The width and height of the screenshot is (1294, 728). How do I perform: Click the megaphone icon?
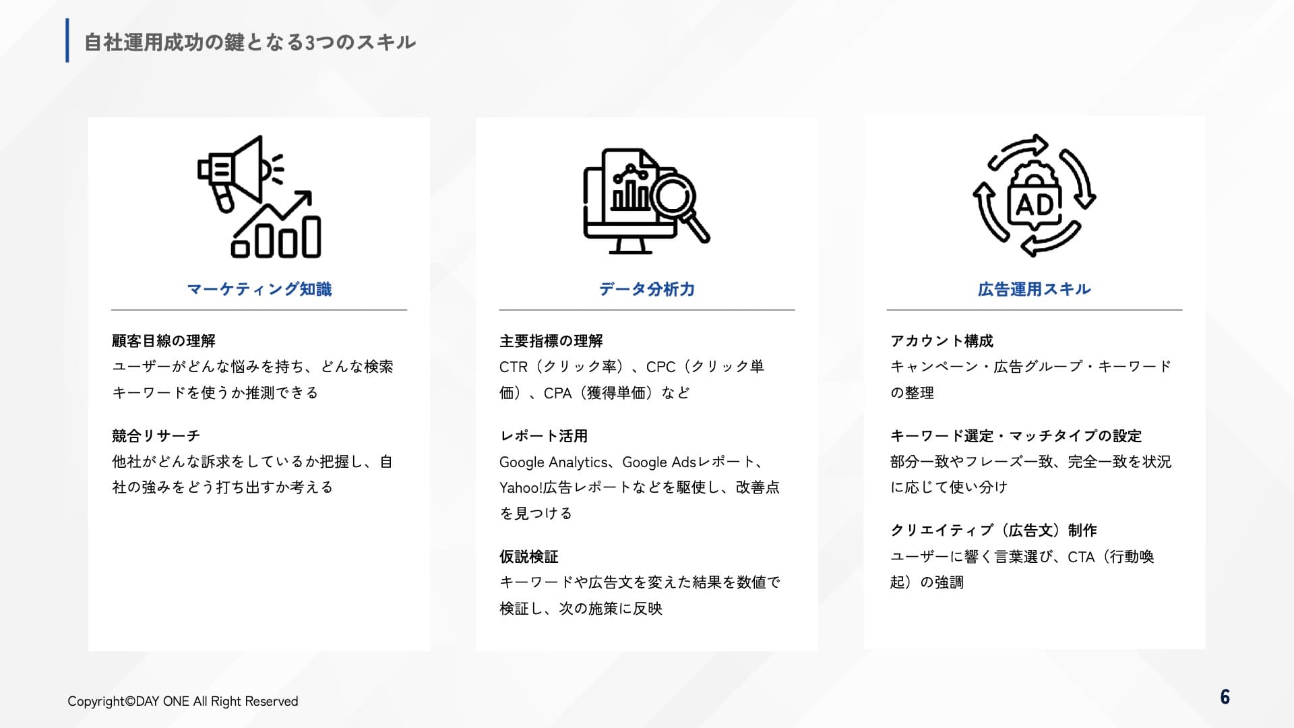pos(239,171)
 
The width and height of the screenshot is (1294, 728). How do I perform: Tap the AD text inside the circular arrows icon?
pos(1034,204)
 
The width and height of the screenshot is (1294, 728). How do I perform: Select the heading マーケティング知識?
pos(259,289)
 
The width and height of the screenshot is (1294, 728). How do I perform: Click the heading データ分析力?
pos(647,289)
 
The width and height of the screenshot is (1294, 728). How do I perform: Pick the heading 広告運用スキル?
pos(1035,289)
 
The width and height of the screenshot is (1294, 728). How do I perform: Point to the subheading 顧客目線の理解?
pos(164,341)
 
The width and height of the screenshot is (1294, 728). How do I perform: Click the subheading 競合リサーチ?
pos(156,436)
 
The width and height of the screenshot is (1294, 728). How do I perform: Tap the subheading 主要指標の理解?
pos(551,341)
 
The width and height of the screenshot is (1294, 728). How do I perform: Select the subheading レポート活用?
pos(544,436)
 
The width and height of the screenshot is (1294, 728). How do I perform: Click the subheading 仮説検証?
pos(529,557)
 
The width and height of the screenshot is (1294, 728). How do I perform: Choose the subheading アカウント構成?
pos(942,341)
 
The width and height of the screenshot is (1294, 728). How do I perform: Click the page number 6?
pos(1225,697)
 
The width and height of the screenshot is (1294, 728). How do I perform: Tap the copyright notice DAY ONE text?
pos(162,701)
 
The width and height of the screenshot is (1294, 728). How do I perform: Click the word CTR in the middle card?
pos(514,367)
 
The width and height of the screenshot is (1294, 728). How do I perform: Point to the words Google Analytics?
pos(553,462)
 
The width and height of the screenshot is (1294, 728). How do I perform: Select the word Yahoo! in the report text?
pos(521,487)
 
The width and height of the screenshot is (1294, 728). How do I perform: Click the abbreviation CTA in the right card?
pos(1081,557)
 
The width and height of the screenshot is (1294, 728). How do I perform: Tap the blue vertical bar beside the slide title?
pos(67,40)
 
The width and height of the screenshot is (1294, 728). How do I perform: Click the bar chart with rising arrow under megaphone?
pos(276,224)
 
